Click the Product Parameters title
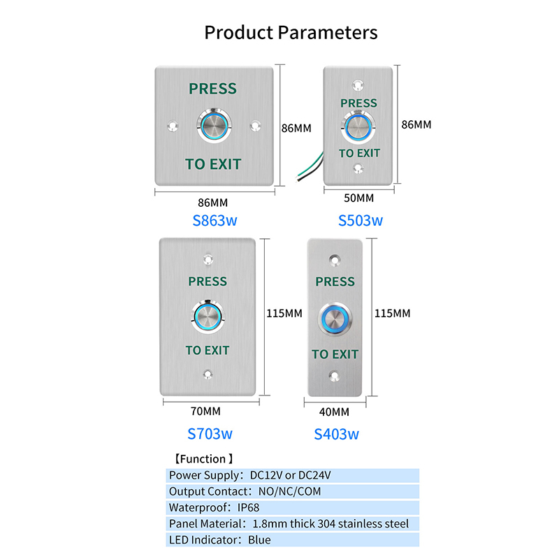291,33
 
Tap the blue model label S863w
215,221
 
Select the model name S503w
360,221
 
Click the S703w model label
210,434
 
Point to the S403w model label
336,434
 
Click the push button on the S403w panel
335,319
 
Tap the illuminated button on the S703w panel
208,316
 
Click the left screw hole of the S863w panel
173,126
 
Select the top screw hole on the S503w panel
358,85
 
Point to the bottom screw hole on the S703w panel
208,375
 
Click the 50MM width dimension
358,198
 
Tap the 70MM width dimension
205,412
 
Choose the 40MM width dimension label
335,412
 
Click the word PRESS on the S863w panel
213,89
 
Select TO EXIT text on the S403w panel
335,354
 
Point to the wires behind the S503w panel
310,167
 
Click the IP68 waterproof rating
248,507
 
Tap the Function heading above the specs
203,459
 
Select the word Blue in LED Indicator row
259,539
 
